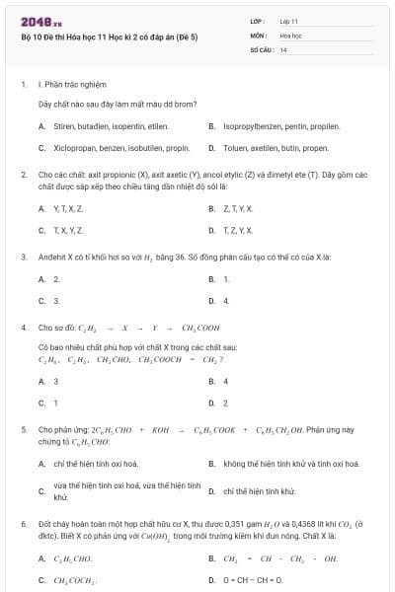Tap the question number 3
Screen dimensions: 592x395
click(23, 257)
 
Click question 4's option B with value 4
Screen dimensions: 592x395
click(226, 381)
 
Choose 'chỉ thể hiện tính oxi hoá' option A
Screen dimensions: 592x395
click(95, 463)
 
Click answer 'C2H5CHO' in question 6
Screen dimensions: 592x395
click(72, 559)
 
